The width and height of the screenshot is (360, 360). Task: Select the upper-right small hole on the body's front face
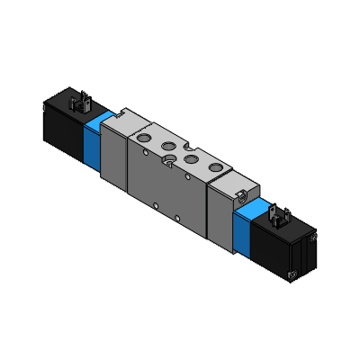[x=205, y=197]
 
